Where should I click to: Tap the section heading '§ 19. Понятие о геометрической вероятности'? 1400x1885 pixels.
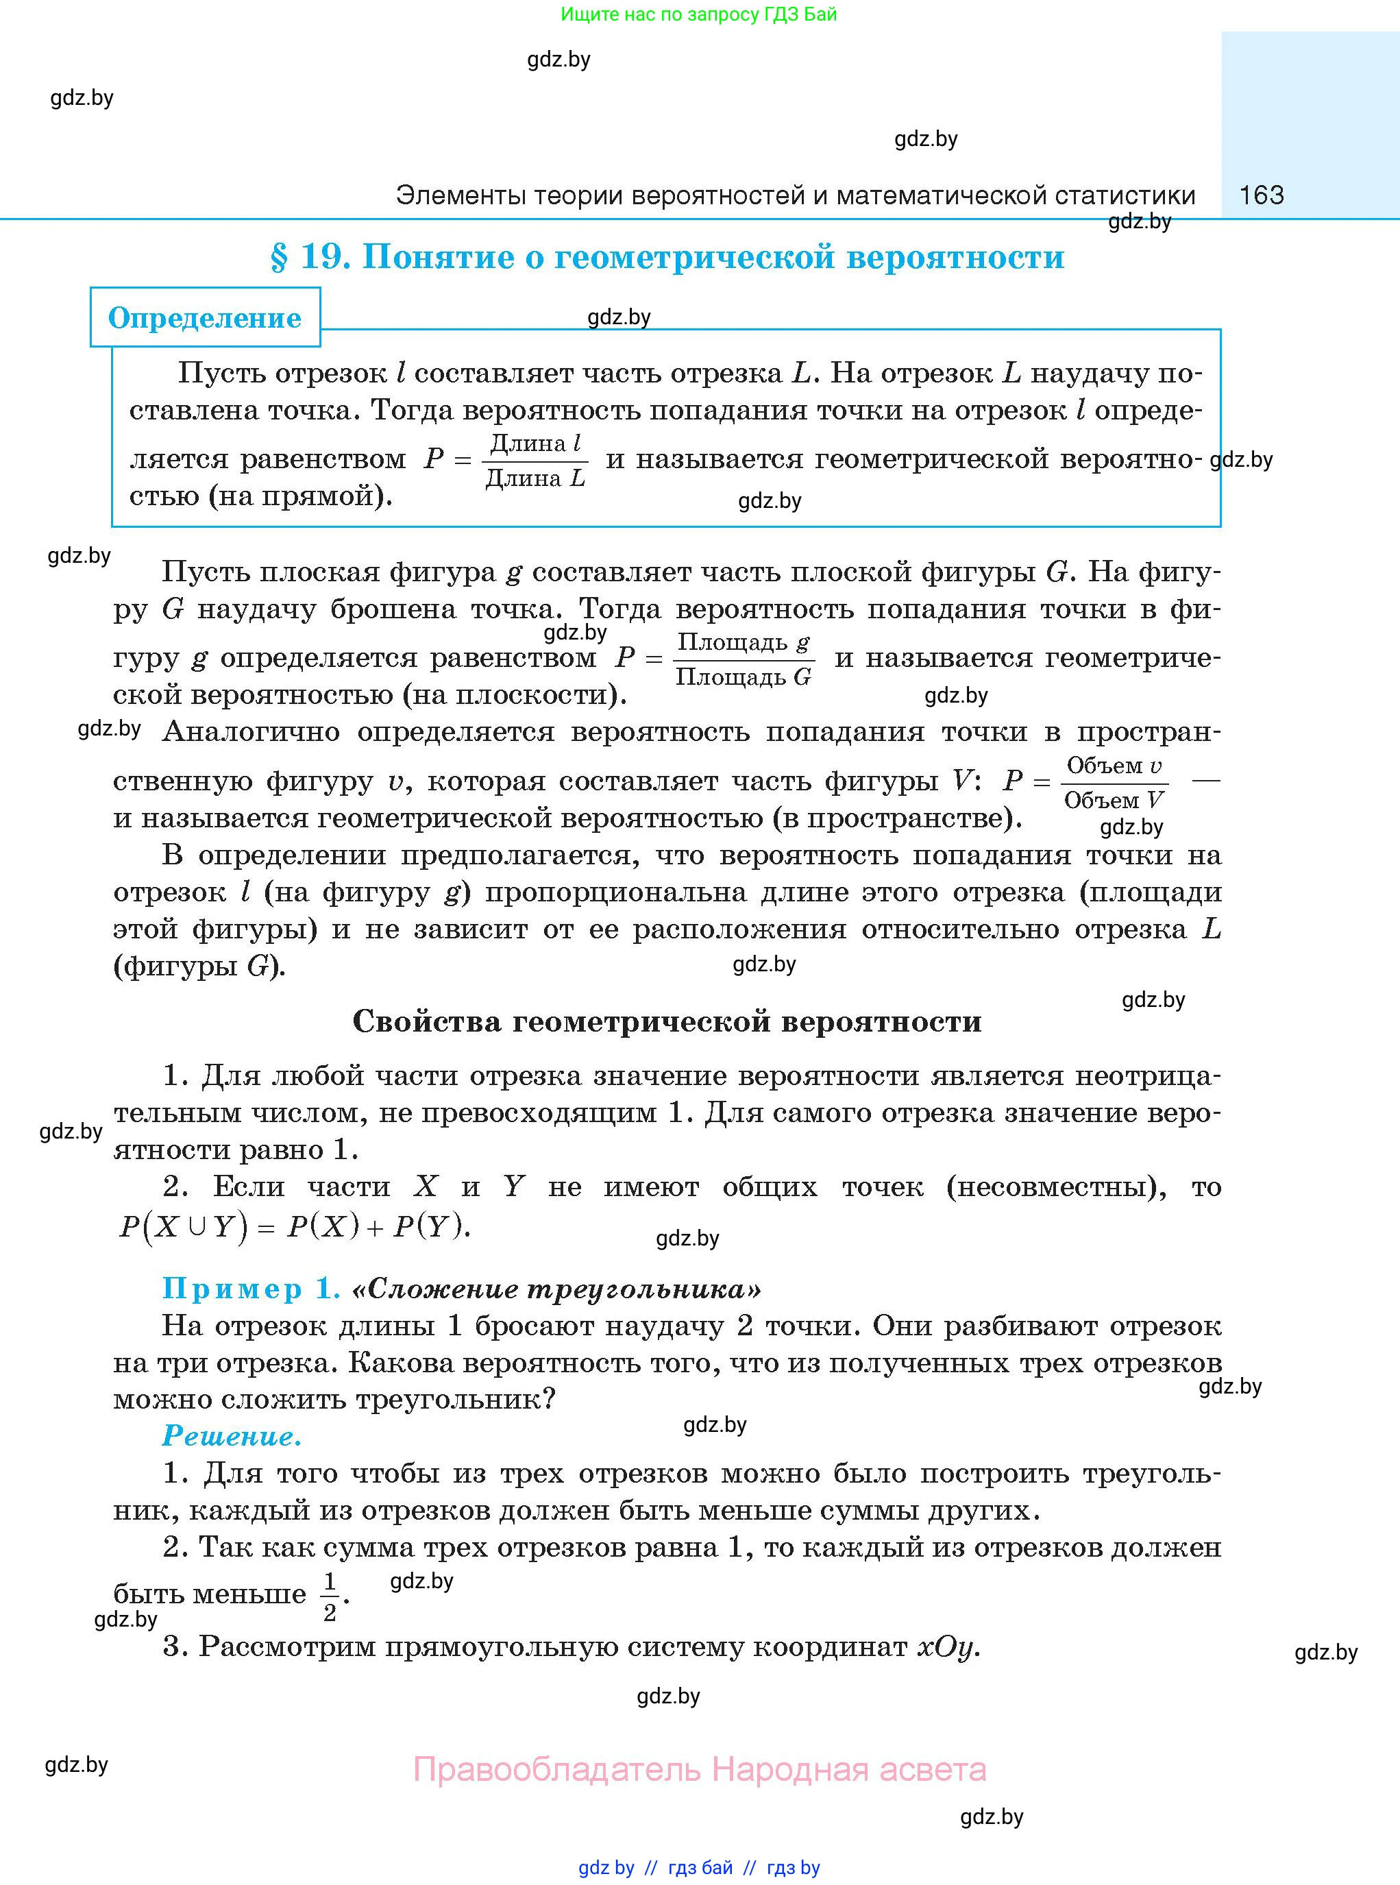pos(667,257)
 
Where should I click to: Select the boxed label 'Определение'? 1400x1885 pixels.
pos(205,318)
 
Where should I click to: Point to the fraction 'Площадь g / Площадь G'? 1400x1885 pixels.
pos(744,659)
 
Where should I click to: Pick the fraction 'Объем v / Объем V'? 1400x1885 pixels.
pos(1114,782)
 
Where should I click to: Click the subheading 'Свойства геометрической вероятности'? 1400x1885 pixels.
pos(667,1021)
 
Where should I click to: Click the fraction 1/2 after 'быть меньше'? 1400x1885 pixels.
pos(330,1596)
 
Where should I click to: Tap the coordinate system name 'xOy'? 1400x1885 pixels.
pos(948,1647)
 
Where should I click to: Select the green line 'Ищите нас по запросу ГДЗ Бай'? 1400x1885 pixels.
pos(698,14)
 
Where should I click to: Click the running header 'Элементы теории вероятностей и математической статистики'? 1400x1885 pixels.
pos(795,196)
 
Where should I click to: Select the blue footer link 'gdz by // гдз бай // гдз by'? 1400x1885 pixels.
pos(699,1868)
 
